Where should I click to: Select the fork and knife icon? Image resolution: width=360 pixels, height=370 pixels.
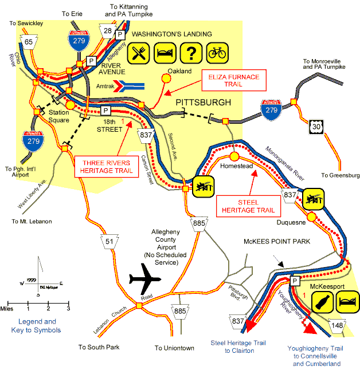(x=138, y=53)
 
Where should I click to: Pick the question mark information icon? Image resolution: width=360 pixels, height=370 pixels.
(x=190, y=53)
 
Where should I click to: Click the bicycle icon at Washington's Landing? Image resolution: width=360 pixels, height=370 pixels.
(x=216, y=53)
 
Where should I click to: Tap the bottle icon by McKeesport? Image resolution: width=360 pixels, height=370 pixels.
(x=322, y=301)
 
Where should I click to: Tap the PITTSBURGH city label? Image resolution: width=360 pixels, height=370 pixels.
(x=203, y=103)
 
